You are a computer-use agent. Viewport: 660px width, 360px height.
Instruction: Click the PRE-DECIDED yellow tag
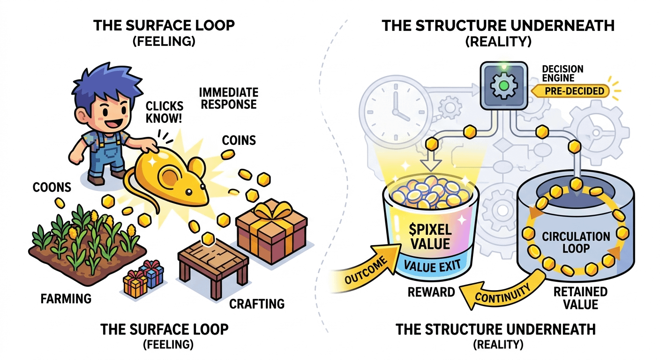571,91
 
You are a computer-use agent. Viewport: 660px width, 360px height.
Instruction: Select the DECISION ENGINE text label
562,73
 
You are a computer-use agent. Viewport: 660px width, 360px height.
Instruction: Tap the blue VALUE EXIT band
432,265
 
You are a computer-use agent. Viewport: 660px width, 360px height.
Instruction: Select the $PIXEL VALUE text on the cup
430,237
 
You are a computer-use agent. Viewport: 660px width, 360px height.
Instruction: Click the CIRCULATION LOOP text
576,242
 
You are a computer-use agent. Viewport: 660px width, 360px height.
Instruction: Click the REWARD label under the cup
431,292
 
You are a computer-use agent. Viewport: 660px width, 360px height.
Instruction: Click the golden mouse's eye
188,192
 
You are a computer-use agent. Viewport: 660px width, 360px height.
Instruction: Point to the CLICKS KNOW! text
164,112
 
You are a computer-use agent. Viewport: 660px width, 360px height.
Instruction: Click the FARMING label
66,299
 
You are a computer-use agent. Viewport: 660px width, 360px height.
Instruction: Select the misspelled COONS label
52,187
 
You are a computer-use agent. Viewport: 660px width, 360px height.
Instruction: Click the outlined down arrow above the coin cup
431,161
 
